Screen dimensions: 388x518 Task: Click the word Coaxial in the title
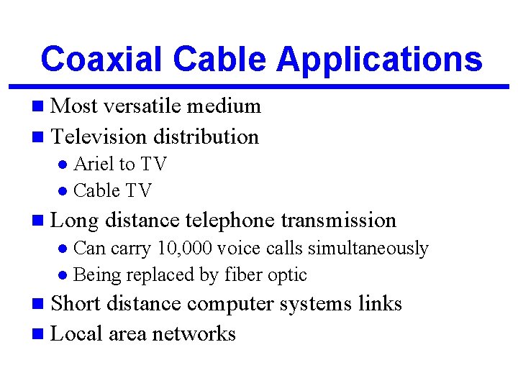point(100,59)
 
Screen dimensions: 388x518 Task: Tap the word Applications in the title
point(379,59)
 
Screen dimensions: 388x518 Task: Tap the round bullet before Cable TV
point(63,191)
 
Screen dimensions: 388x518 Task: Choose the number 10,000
point(185,249)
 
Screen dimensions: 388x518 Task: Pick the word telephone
point(230,220)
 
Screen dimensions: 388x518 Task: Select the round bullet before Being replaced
point(63,275)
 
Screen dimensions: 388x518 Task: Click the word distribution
point(207,137)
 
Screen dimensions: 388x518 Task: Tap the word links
point(380,304)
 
